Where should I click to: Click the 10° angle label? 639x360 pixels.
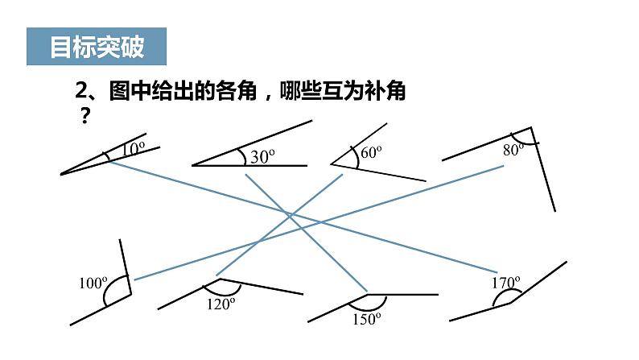134,147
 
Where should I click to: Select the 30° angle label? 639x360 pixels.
262,157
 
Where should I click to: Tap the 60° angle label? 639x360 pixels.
370,151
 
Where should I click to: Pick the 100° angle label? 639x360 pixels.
93,283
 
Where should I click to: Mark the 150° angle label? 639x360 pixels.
365,318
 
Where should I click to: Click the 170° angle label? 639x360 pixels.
506,282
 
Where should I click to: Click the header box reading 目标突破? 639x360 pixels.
97,48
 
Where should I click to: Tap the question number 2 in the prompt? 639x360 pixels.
80,93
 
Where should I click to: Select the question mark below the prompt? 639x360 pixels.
82,115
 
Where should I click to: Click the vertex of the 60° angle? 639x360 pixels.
332,165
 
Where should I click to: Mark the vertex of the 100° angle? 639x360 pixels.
130,295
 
